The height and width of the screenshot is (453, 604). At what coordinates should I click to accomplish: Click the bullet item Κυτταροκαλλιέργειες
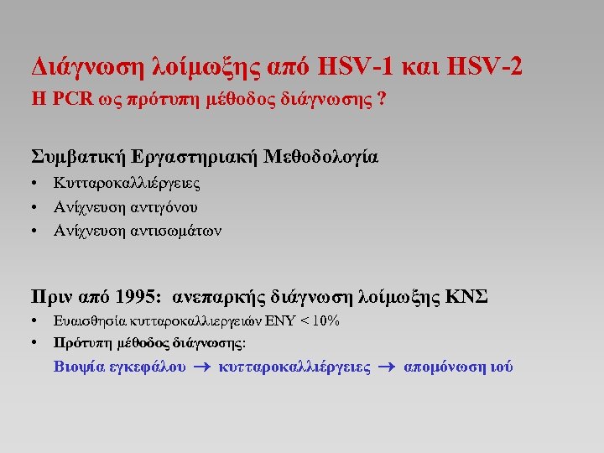tap(127, 183)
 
